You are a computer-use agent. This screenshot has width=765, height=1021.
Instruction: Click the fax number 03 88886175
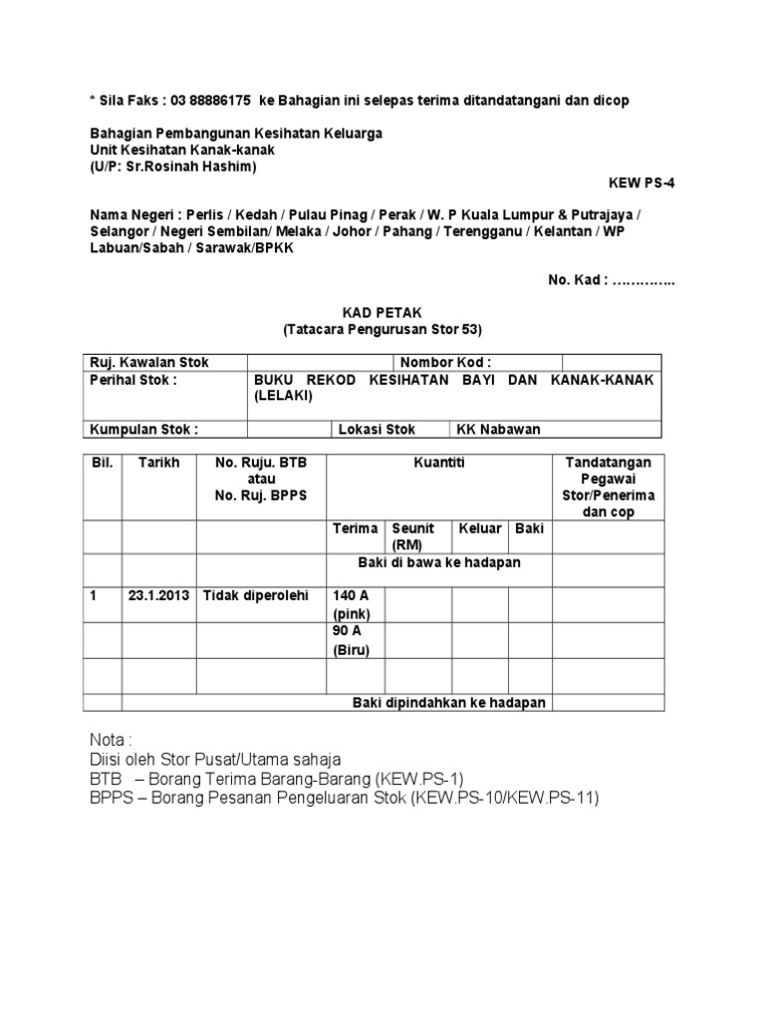[x=210, y=102]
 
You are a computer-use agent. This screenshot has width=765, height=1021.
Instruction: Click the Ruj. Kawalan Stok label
[x=149, y=362]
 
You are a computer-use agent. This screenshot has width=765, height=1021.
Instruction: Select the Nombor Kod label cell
[x=445, y=362]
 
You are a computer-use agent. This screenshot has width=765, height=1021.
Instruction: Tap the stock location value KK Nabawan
[x=498, y=430]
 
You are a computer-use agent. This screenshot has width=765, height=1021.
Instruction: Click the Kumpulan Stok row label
[x=144, y=430]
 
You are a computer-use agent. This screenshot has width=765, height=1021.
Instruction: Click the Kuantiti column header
[x=439, y=464]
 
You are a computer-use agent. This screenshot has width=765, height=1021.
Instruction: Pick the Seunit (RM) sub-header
[x=413, y=536]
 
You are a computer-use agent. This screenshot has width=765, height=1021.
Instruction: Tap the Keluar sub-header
[x=479, y=528]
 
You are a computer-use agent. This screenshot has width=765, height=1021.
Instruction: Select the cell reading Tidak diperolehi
[x=256, y=596]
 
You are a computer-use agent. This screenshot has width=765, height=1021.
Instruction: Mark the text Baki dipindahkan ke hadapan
[x=449, y=703]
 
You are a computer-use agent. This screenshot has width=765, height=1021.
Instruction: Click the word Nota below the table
[x=110, y=741]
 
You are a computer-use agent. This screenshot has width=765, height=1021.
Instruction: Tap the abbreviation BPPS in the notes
[x=110, y=799]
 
